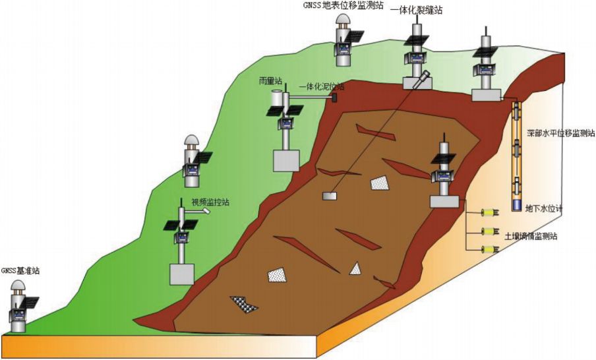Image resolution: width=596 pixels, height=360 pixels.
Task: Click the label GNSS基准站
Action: point(20,270)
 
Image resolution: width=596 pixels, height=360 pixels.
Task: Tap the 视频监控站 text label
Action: point(210,202)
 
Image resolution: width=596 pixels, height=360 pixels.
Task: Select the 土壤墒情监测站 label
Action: point(531,236)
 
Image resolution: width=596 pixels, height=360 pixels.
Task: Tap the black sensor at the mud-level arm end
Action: point(334,98)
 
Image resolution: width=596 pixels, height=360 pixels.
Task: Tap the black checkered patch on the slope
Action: point(244,304)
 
